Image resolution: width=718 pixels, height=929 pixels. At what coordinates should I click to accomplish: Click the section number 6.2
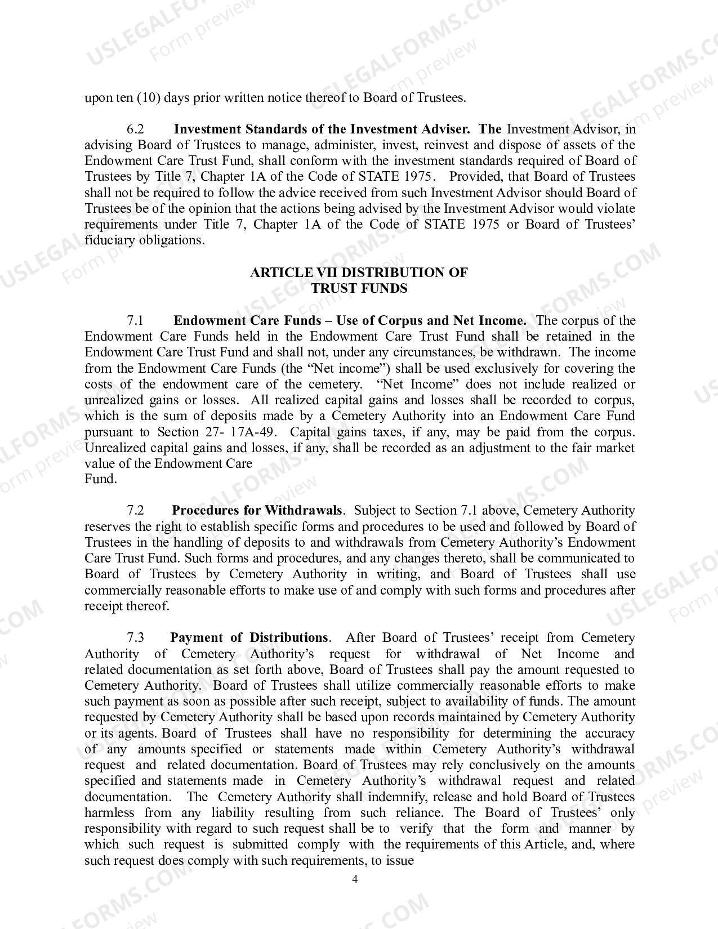click(135, 129)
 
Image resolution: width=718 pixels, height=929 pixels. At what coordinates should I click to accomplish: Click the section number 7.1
click(135, 321)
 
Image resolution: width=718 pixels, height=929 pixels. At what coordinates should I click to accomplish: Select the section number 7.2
click(135, 511)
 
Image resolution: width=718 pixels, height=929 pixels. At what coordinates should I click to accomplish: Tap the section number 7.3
click(135, 638)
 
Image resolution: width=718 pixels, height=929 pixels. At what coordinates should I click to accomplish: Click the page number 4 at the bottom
click(355, 879)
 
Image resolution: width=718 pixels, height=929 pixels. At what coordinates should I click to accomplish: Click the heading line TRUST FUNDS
click(359, 288)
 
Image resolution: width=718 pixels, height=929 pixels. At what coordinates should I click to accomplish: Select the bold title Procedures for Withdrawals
click(257, 511)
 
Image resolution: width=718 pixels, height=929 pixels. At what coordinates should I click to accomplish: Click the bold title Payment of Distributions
click(248, 638)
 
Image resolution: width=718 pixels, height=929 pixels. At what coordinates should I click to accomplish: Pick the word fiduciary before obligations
click(110, 240)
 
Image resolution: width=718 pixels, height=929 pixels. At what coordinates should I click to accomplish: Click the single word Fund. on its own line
click(101, 480)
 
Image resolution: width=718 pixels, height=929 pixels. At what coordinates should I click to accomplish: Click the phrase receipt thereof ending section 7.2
click(126, 606)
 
